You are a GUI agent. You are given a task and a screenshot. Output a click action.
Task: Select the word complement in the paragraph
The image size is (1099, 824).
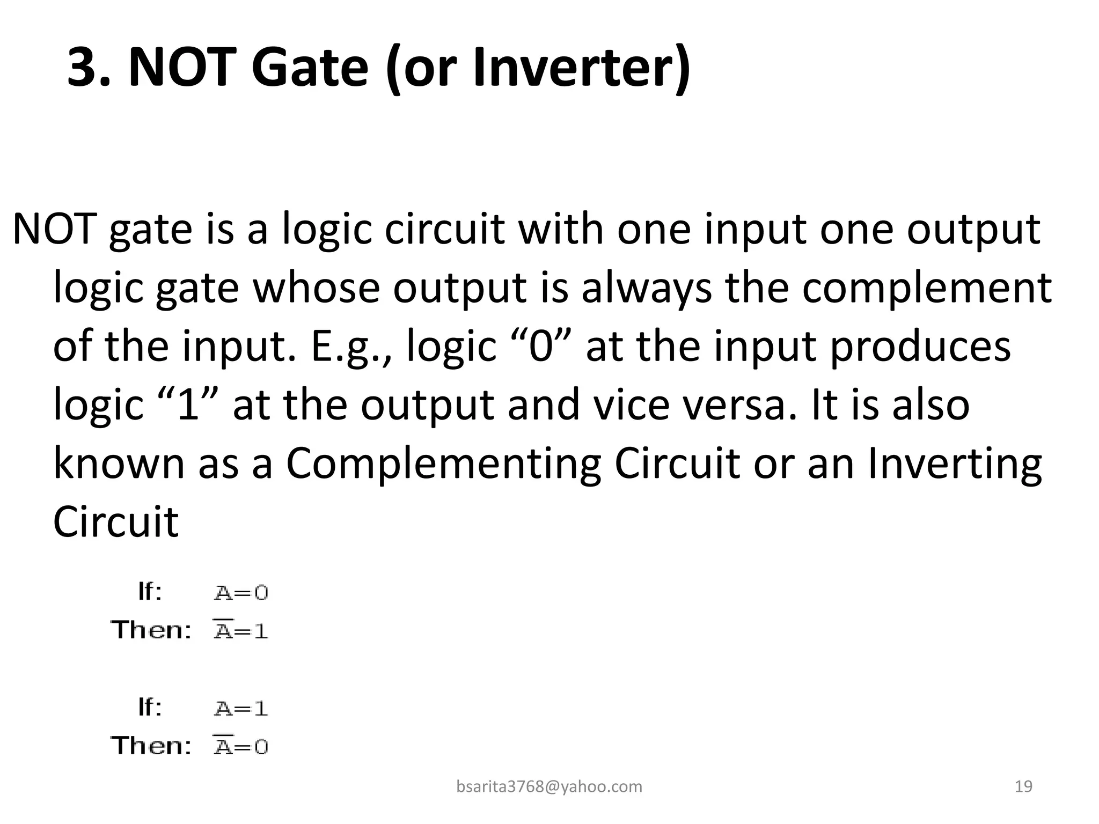click(927, 288)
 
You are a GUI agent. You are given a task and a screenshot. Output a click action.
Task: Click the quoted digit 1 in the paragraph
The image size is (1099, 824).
click(188, 405)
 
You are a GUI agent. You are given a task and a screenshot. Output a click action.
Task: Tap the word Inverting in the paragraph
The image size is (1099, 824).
click(955, 465)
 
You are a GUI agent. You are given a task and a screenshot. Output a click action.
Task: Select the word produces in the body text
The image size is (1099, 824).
click(920, 348)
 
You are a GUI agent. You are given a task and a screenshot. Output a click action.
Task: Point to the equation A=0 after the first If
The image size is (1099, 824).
click(241, 593)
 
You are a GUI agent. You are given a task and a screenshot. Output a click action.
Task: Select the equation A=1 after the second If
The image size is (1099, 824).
click(241, 709)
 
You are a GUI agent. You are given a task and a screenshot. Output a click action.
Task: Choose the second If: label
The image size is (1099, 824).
click(150, 708)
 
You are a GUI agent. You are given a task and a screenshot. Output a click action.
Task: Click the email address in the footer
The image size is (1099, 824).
click(549, 786)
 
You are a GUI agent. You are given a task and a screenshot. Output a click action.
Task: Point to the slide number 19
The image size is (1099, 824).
click(1024, 786)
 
